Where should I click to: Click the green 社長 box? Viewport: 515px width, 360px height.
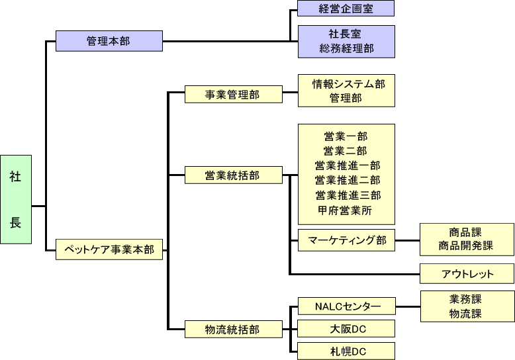(x=16, y=200)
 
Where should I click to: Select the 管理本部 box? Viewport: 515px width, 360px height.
(x=109, y=41)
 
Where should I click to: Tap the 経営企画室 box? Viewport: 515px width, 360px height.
(x=346, y=9)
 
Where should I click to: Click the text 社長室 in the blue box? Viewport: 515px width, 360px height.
(x=346, y=34)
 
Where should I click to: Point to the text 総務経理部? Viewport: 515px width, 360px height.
(x=346, y=48)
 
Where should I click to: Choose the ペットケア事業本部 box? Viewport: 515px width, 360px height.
(x=109, y=249)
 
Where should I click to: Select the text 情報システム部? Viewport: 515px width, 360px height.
(x=346, y=83)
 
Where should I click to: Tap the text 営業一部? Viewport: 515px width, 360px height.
(x=346, y=136)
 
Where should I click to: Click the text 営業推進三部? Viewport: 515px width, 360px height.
(x=347, y=195)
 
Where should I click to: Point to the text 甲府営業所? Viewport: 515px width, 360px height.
(x=346, y=210)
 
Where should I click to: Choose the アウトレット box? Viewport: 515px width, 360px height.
(x=467, y=274)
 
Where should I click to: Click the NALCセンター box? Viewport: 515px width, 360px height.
(x=347, y=306)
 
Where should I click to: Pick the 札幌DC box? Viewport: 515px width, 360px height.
(x=347, y=351)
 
